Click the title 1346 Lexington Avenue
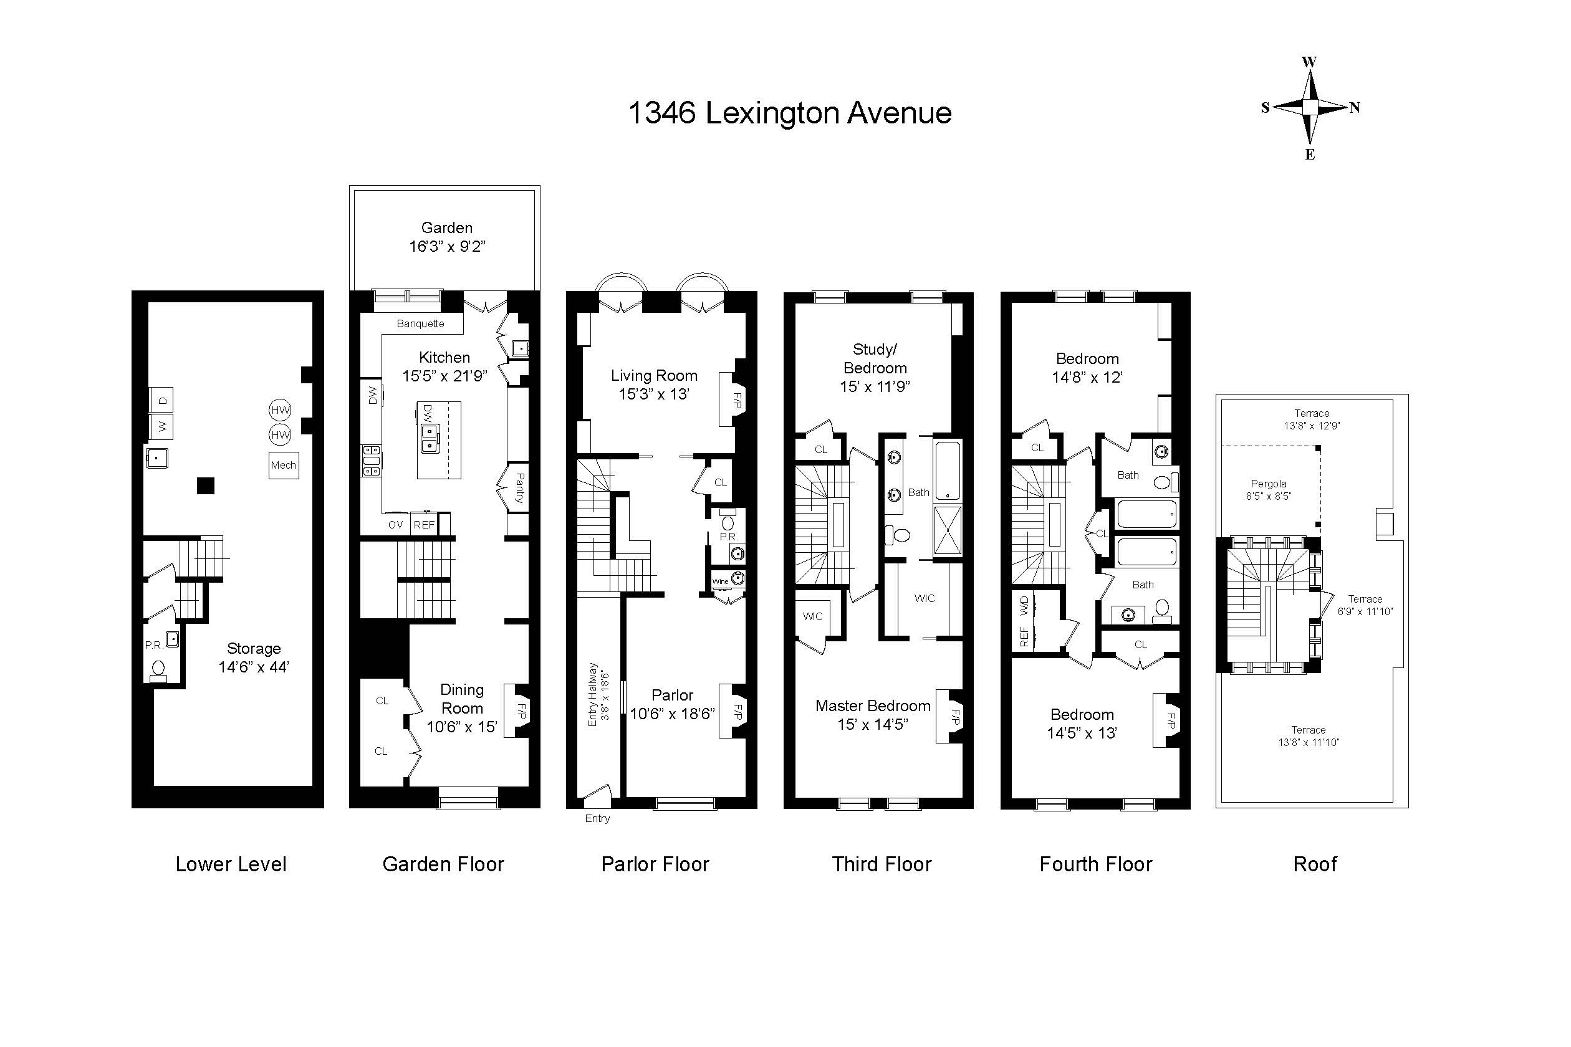(x=789, y=113)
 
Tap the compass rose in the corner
(x=1310, y=107)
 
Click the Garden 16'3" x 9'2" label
(x=447, y=237)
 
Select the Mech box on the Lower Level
(x=283, y=466)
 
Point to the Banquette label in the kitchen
(x=420, y=324)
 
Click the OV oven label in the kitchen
(x=395, y=525)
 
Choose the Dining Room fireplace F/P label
(x=522, y=711)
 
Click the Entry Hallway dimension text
(x=598, y=694)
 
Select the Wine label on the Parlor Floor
(x=720, y=581)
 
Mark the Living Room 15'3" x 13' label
(x=654, y=385)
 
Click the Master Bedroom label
(x=872, y=714)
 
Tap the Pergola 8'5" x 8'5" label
(x=1269, y=489)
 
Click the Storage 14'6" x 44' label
(x=253, y=657)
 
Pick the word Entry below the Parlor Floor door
(x=597, y=819)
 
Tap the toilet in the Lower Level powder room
(x=158, y=669)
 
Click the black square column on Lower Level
(x=206, y=485)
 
